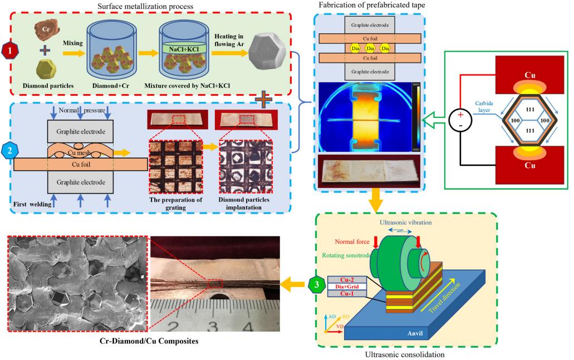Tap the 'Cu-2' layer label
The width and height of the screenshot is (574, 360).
(346, 279)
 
